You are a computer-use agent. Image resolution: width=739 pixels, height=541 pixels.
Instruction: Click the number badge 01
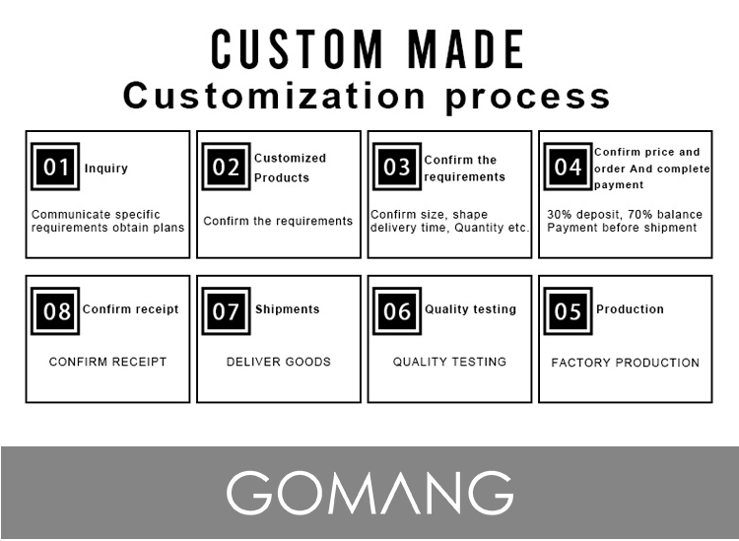click(x=55, y=167)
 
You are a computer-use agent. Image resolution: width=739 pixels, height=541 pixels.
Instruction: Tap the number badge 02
click(x=227, y=167)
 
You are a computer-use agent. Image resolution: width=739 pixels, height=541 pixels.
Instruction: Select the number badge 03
click(x=397, y=167)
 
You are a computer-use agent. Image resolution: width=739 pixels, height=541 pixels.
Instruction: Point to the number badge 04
click(x=568, y=167)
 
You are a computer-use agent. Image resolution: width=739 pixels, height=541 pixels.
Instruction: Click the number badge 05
click(x=568, y=311)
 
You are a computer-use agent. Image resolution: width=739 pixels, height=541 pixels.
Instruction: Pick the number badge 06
click(x=397, y=311)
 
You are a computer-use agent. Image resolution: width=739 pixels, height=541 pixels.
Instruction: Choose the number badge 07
click(x=227, y=311)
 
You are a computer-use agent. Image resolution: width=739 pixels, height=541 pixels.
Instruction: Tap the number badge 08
click(x=55, y=311)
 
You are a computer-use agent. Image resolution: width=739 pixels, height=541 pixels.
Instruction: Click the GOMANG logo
click(x=369, y=493)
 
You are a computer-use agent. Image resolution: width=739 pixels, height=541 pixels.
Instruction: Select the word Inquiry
click(x=106, y=169)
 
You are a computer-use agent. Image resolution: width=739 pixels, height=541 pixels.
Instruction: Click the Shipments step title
click(x=288, y=309)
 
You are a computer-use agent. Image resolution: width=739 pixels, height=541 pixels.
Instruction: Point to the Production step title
click(x=631, y=309)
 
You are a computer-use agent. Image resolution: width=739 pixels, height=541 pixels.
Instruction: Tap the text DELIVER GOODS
click(x=279, y=362)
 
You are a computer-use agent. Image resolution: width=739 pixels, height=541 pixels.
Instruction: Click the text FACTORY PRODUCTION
click(x=626, y=363)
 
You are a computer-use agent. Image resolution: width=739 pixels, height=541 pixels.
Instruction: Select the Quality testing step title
click(x=470, y=309)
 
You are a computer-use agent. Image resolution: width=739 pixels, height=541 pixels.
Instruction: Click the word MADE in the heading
click(x=467, y=49)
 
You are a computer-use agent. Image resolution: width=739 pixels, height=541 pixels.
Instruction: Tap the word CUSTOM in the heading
click(x=297, y=49)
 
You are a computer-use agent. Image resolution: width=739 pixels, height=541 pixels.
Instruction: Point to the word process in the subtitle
click(x=528, y=98)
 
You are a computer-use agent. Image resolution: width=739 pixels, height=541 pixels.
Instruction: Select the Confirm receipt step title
click(x=130, y=309)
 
